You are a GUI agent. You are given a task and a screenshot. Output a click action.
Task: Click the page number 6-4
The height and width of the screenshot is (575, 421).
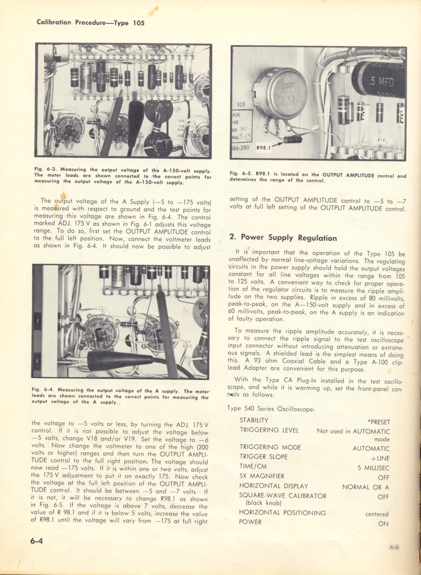(36, 541)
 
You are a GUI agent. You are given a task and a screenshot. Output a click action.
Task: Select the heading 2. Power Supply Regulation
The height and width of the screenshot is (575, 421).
(283, 238)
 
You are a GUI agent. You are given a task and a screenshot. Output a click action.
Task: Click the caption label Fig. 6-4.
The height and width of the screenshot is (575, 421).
(43, 390)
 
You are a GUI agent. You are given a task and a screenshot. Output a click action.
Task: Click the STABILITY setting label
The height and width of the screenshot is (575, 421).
(257, 420)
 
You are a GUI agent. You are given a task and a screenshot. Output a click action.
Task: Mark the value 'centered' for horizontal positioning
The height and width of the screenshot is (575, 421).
(377, 514)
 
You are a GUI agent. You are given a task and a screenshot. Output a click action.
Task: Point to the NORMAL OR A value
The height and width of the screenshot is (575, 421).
(366, 487)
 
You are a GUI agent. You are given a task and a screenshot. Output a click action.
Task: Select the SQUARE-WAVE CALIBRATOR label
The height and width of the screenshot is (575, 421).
(283, 496)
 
